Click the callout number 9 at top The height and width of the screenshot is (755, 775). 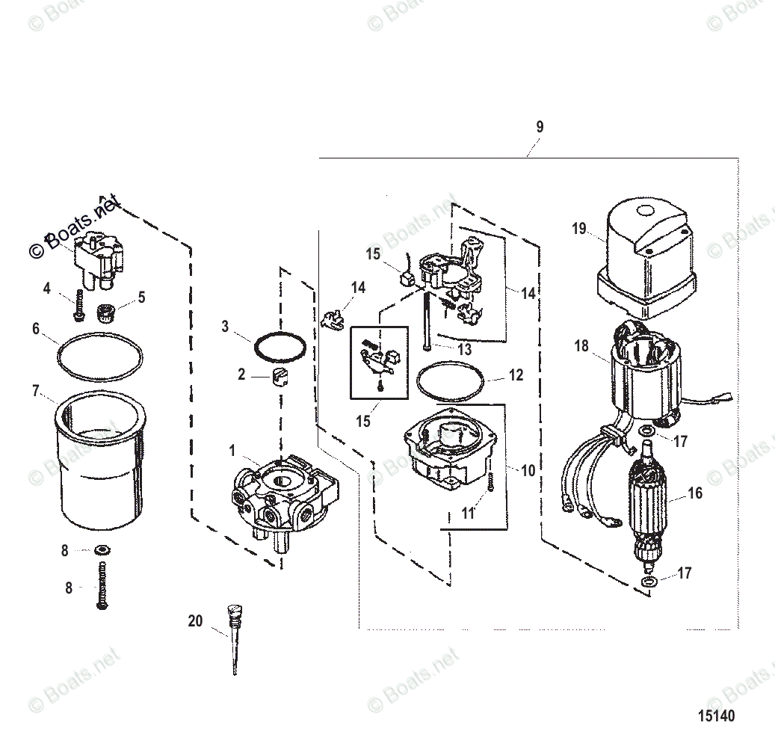click(540, 126)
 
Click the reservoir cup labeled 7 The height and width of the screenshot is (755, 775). click(99, 460)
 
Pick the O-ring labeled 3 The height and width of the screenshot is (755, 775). click(280, 346)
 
